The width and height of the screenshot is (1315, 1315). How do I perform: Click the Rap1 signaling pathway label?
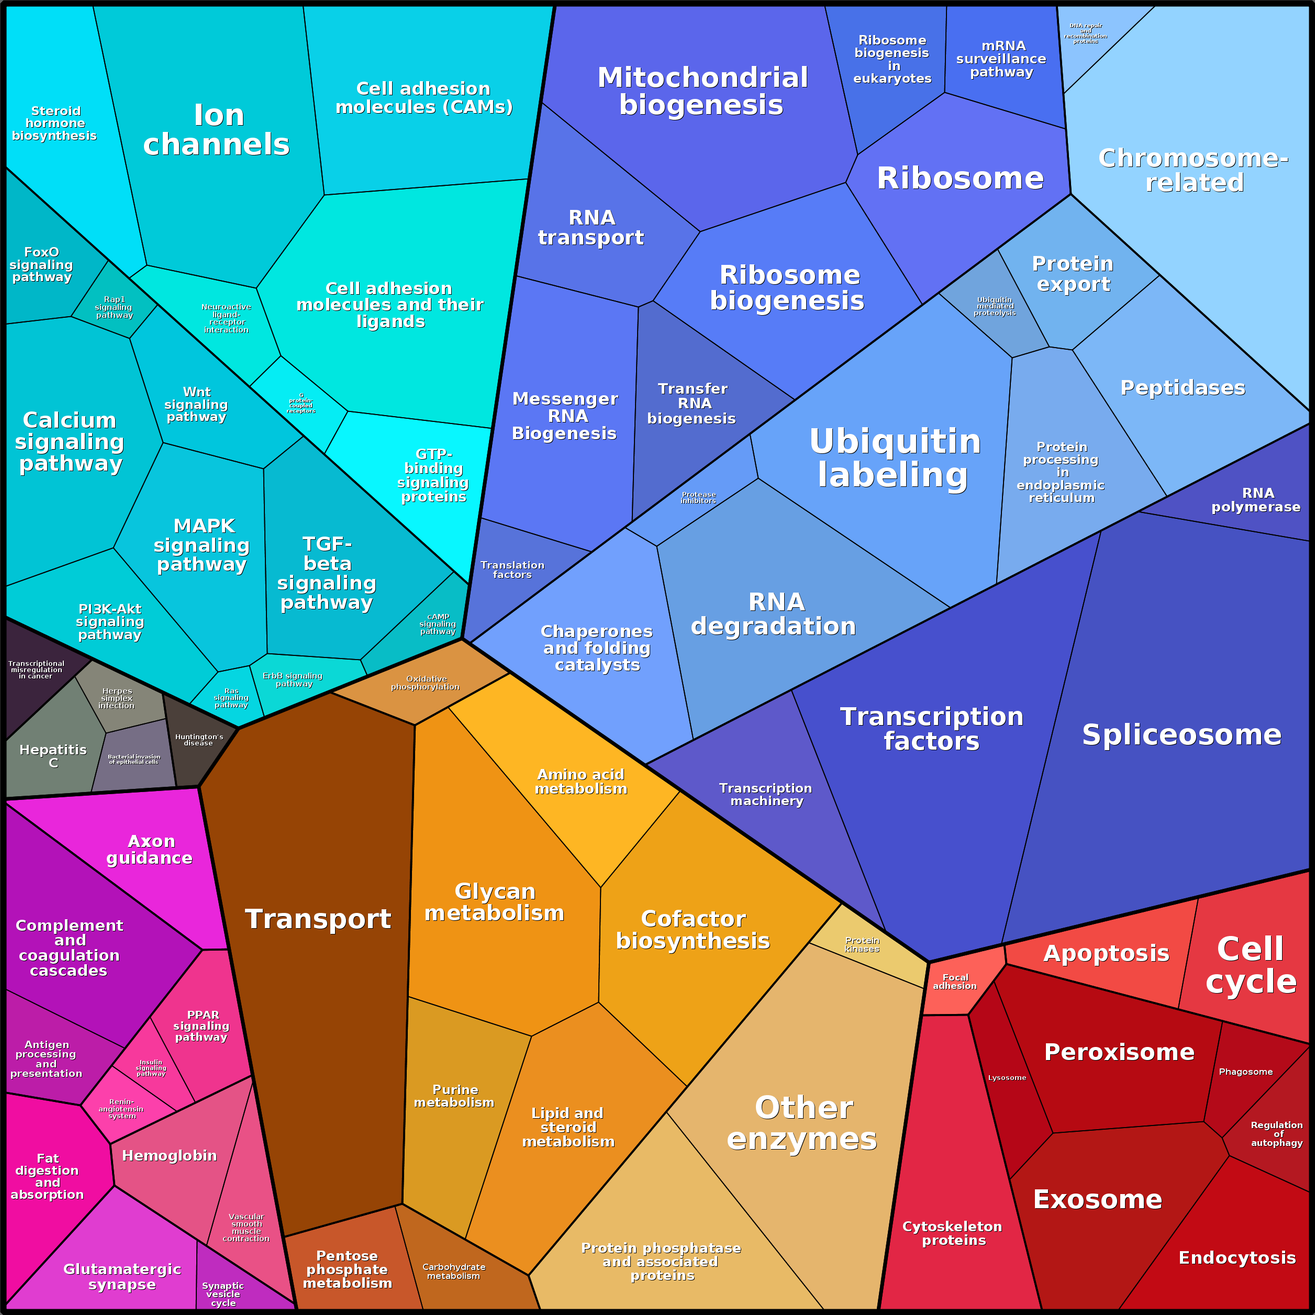tap(114, 307)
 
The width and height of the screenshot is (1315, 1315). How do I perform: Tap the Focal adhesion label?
tap(955, 982)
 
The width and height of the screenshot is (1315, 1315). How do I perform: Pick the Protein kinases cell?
tap(862, 945)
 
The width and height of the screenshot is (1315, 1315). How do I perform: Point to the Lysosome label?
tap(1007, 1077)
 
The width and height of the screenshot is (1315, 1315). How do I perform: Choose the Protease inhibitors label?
tap(698, 497)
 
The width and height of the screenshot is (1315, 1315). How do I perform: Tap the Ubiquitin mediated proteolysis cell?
tap(995, 306)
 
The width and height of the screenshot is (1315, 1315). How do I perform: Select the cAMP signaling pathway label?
tap(438, 624)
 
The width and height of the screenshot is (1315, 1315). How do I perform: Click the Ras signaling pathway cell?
tap(231, 698)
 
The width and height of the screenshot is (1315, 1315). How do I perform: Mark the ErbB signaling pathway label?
tap(293, 679)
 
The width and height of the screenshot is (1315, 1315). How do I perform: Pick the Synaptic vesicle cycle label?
tap(222, 1294)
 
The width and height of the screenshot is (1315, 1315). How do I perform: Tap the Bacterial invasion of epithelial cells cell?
tap(134, 759)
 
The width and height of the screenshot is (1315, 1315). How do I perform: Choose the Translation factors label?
tap(512, 570)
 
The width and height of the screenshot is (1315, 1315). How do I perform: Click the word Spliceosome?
tap(1182, 734)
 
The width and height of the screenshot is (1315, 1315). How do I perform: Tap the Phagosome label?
tap(1245, 1072)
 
